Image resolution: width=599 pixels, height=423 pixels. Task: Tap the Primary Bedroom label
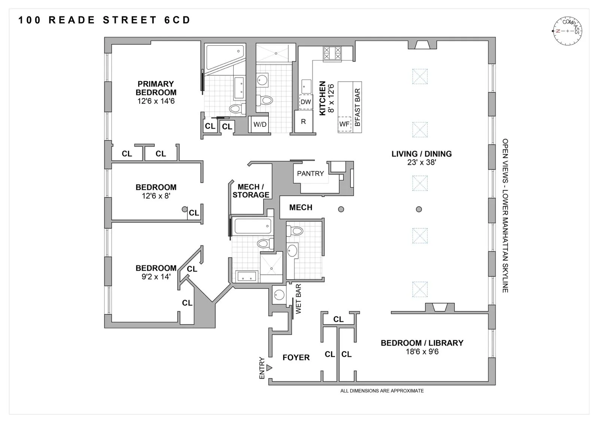pyautogui.click(x=156, y=88)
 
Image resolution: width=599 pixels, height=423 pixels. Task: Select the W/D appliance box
pyautogui.click(x=260, y=124)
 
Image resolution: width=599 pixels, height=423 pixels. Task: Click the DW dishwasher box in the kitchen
pyautogui.click(x=306, y=102)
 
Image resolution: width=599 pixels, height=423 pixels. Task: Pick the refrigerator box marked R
pyautogui.click(x=304, y=121)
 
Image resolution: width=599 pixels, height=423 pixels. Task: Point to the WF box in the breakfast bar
pyautogui.click(x=344, y=124)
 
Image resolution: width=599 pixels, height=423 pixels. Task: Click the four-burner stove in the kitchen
pyautogui.click(x=332, y=53)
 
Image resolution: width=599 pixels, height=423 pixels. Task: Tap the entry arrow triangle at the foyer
pyautogui.click(x=269, y=368)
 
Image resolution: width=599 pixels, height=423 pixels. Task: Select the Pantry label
pyautogui.click(x=310, y=174)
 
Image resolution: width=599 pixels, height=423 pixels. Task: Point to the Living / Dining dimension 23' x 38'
pyautogui.click(x=422, y=162)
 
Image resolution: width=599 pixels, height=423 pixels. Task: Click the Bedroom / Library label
pyautogui.click(x=422, y=343)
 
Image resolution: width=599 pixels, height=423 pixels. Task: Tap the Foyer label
pyautogui.click(x=296, y=357)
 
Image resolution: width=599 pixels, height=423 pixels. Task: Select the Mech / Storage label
pyautogui.click(x=251, y=191)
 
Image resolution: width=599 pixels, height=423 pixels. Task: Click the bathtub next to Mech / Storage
pyautogui.click(x=252, y=226)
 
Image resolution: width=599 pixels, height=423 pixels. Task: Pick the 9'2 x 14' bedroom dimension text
pyautogui.click(x=156, y=277)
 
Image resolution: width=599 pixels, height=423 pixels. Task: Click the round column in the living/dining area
pyautogui.click(x=419, y=209)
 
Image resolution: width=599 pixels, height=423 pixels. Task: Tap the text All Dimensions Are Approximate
pyautogui.click(x=382, y=391)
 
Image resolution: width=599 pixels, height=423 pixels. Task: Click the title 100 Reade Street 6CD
pyautogui.click(x=104, y=20)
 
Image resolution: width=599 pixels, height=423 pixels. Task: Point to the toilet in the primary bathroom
pyautogui.click(x=236, y=109)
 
